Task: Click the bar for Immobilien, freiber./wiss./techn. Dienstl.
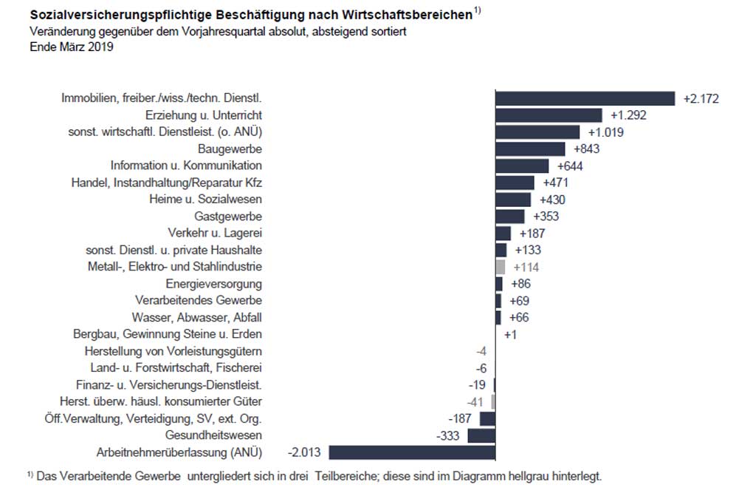(585, 98)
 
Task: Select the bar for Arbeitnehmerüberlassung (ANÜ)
(412, 452)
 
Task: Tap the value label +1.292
(628, 115)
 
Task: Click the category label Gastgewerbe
(228, 217)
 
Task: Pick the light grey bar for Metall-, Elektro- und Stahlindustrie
(500, 267)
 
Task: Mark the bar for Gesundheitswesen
(481, 435)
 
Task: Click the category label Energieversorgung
(214, 284)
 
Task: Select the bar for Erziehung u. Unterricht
(549, 115)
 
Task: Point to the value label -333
(448, 435)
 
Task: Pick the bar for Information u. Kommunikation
(522, 166)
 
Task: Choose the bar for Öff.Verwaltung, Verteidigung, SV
(487, 418)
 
